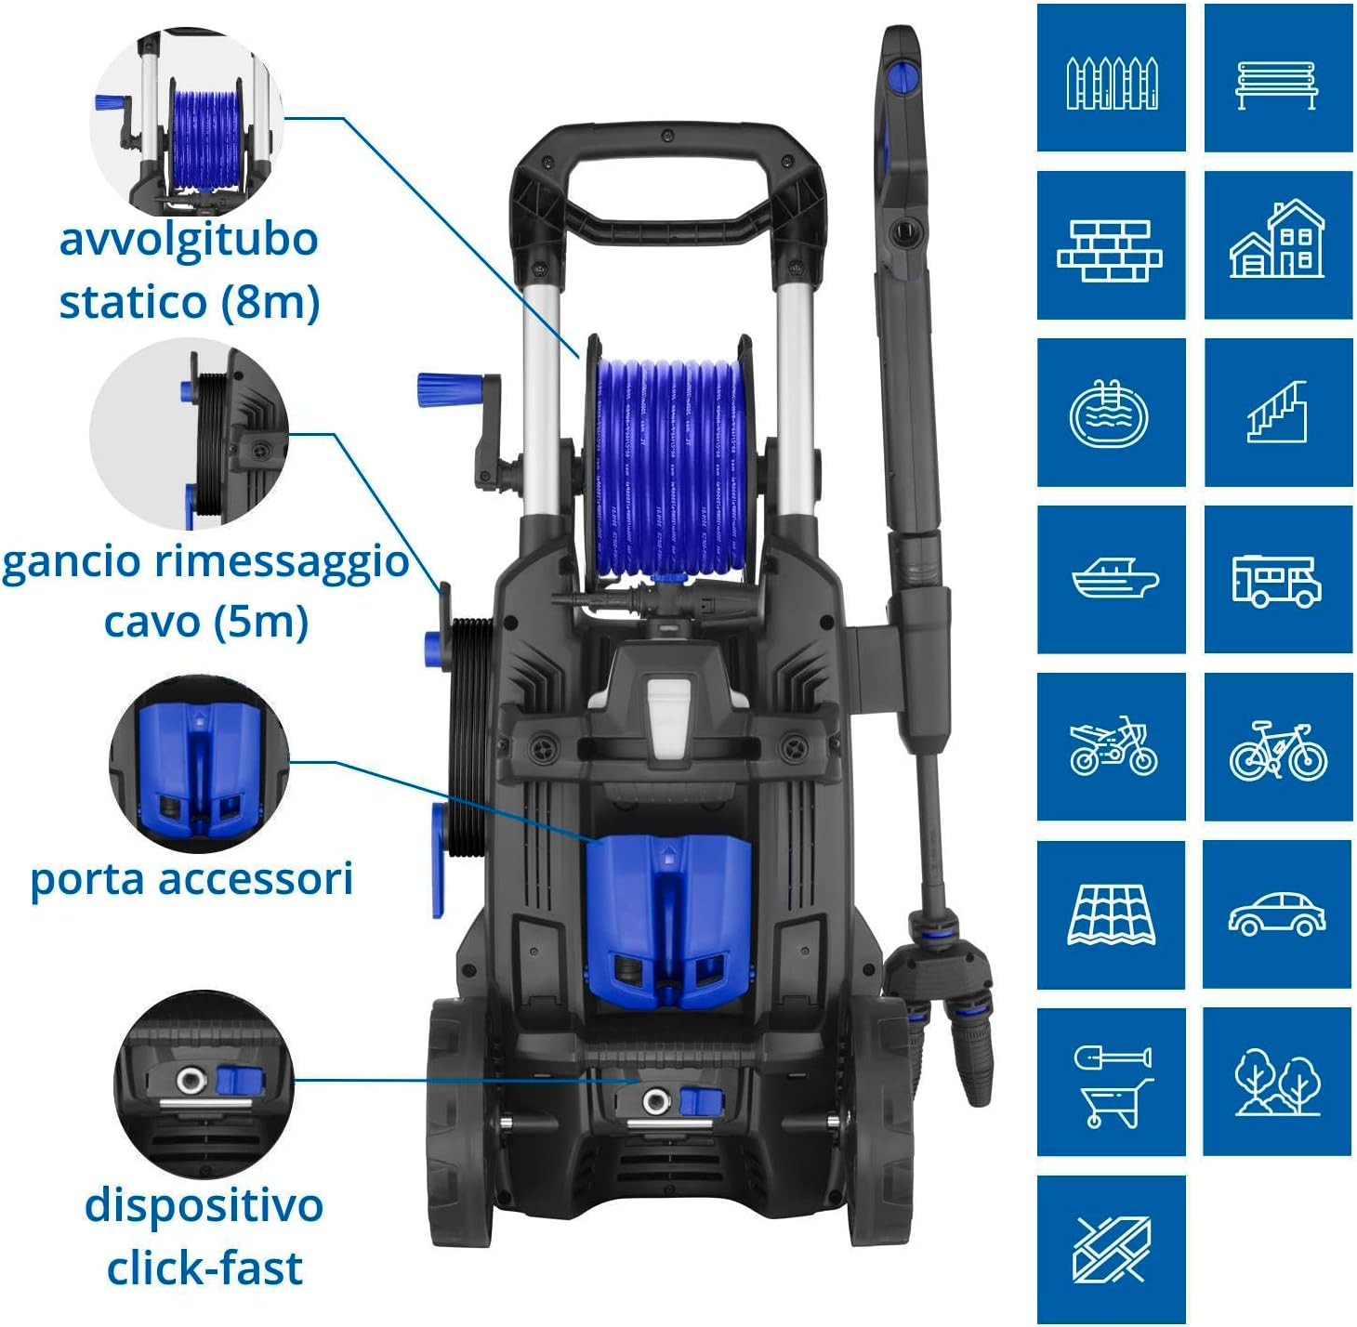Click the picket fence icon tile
(1112, 77)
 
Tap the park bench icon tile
(1278, 77)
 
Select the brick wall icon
(1110, 251)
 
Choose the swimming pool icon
(1109, 414)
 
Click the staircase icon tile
(1278, 412)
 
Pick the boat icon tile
(1112, 580)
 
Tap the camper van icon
(1277, 581)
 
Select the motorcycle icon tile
(1112, 747)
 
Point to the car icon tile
(1277, 914)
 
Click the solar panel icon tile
(1112, 914)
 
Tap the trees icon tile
(1277, 1082)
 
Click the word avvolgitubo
(189, 241)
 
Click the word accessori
(256, 880)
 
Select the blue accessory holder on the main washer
(669, 922)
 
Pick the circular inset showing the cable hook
(189, 433)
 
